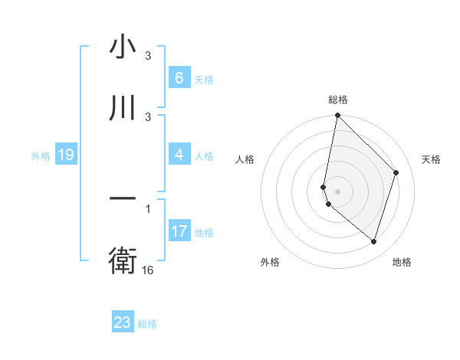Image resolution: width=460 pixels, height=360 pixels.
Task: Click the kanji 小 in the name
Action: (123, 47)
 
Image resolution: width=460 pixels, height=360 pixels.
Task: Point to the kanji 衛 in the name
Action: (123, 261)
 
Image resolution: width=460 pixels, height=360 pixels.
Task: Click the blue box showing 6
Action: (179, 78)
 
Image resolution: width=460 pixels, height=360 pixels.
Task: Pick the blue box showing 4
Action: (179, 155)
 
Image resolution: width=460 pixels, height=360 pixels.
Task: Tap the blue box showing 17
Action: (179, 231)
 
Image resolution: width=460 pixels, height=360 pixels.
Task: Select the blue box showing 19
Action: (65, 155)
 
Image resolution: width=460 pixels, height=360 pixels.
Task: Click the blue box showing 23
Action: (123, 322)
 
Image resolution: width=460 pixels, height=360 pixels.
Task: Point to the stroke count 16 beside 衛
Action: (148, 270)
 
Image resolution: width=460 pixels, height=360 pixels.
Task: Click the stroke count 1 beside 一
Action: (148, 208)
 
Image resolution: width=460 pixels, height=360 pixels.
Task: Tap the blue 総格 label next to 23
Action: (147, 324)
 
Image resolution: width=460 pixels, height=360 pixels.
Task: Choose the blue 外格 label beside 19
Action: (41, 156)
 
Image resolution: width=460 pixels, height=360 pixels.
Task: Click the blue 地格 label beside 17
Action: (204, 233)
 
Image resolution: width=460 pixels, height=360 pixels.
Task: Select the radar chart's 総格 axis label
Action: (338, 100)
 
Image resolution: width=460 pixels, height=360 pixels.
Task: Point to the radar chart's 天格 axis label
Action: (432, 159)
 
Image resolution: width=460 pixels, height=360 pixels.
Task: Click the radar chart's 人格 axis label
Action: (245, 159)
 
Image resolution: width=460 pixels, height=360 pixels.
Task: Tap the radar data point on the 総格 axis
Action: (337, 115)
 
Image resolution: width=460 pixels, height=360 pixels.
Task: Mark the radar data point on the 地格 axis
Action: (373, 241)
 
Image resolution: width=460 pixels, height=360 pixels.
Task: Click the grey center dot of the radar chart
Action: (337, 191)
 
